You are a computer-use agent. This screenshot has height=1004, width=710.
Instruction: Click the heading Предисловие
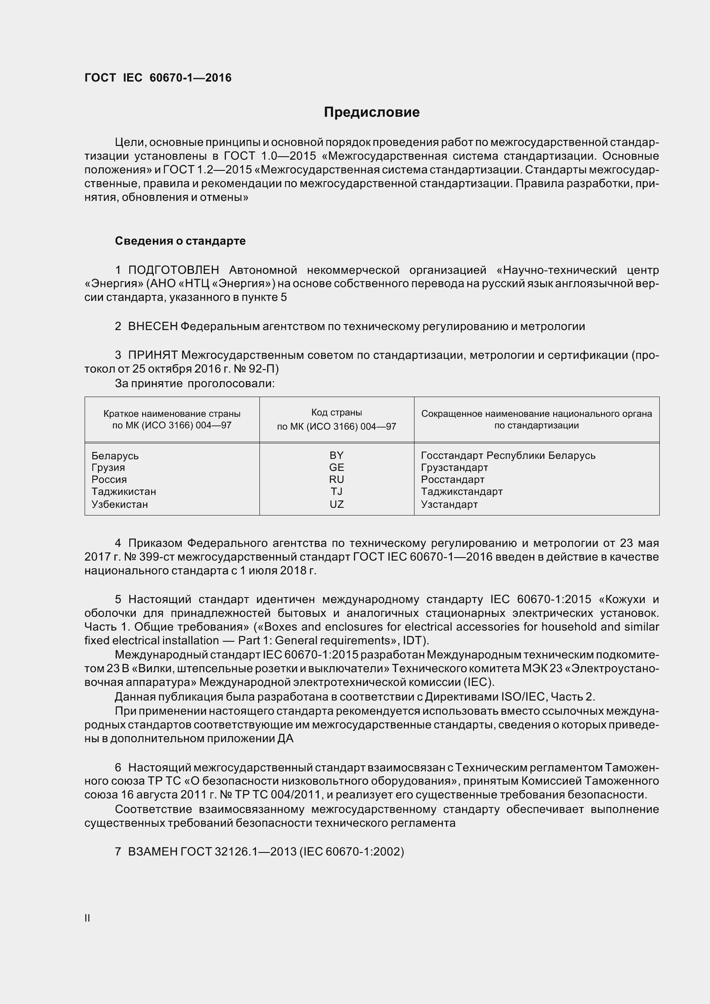tap(372, 112)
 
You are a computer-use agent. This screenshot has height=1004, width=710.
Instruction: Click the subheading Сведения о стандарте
tap(180, 241)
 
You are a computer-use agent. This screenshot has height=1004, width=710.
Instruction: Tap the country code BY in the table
tap(336, 455)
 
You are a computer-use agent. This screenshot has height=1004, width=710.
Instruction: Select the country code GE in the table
tap(336, 467)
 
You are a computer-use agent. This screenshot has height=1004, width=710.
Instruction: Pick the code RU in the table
tap(336, 480)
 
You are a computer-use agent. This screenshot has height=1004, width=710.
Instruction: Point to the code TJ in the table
tap(336, 491)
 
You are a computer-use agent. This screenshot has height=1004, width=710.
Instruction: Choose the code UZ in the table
tap(336, 504)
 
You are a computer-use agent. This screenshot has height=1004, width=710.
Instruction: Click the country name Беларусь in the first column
tap(115, 456)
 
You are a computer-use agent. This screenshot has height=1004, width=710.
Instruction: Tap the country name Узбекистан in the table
tap(119, 504)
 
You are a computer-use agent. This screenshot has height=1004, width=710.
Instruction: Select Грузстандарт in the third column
tap(454, 467)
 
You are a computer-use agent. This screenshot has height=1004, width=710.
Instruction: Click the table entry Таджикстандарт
tap(462, 491)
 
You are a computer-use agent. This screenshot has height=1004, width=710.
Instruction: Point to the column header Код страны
tap(336, 413)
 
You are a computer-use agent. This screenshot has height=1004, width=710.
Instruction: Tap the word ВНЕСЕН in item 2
tap(152, 326)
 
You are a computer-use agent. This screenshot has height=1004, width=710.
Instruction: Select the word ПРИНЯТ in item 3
tap(152, 355)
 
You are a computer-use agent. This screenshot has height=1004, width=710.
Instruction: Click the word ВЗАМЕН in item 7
tap(152, 851)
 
